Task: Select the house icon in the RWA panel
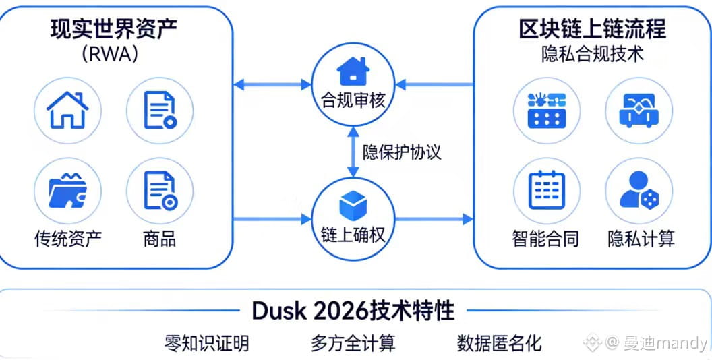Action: click(x=67, y=110)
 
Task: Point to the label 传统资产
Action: click(x=68, y=238)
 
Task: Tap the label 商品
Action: click(x=160, y=238)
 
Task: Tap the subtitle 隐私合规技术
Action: click(x=592, y=54)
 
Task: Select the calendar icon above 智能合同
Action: click(x=546, y=190)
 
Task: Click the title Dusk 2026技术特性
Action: click(x=353, y=311)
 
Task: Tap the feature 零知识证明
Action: click(x=206, y=343)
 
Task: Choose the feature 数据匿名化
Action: click(x=499, y=343)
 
